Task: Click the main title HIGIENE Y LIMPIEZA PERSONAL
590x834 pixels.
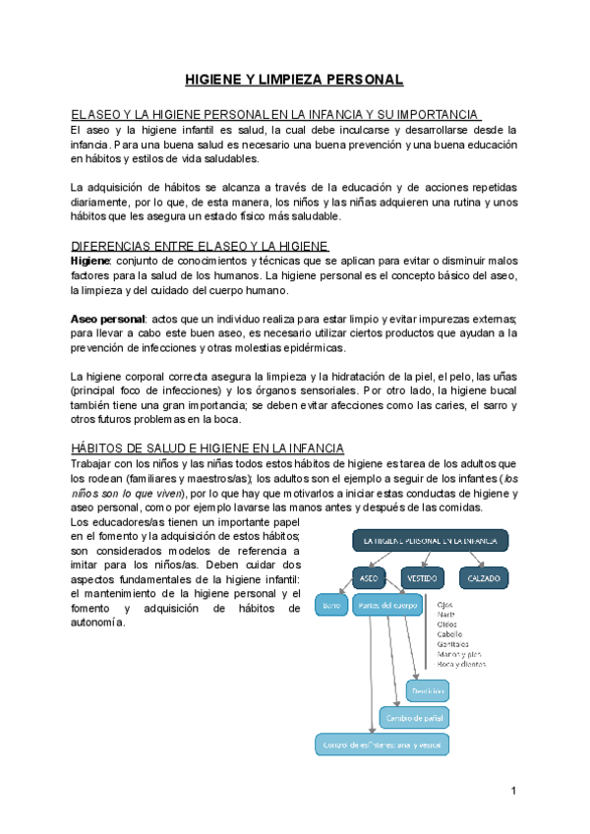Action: (x=295, y=79)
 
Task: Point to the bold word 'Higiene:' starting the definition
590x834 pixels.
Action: (x=92, y=261)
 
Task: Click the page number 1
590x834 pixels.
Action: (x=513, y=792)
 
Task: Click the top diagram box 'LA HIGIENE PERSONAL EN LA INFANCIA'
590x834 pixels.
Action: (x=430, y=540)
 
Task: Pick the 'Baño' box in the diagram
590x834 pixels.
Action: (x=332, y=606)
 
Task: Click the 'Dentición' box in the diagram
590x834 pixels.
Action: (x=428, y=691)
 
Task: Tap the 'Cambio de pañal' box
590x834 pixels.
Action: (x=412, y=718)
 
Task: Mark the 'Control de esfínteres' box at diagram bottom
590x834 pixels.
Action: (x=382, y=745)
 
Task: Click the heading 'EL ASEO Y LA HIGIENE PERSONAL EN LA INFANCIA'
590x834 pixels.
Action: (x=275, y=114)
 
